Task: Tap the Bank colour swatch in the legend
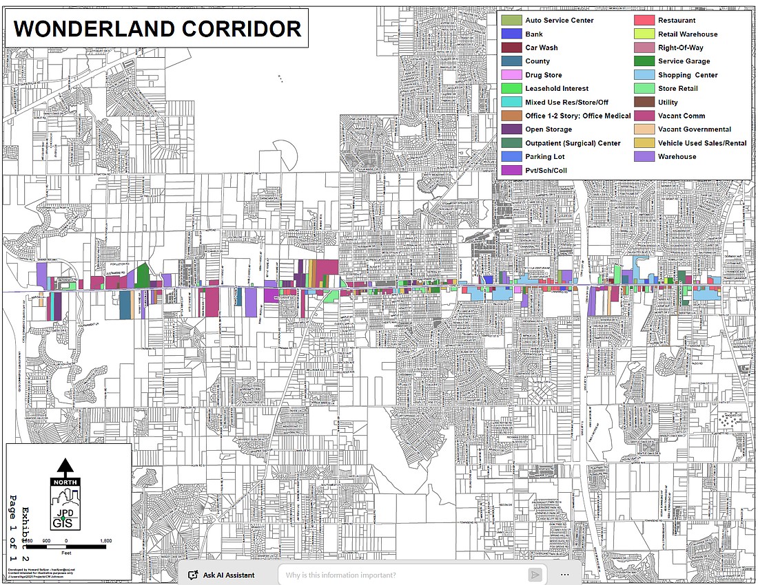[x=511, y=34]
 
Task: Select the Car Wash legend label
[x=542, y=47]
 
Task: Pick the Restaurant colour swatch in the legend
[x=644, y=21]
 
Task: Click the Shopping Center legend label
[x=688, y=75]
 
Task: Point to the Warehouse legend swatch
[x=644, y=157]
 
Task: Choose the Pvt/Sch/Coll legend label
[x=546, y=171]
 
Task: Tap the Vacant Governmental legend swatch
[x=644, y=129]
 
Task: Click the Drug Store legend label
[x=543, y=75]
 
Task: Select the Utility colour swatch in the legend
[x=644, y=103]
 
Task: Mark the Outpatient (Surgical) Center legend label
[x=573, y=143]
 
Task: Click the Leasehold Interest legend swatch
[x=511, y=89]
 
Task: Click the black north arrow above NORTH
[x=65, y=467]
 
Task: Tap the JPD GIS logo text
[x=65, y=518]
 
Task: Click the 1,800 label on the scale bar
[x=106, y=541]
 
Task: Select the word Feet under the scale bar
[x=65, y=552]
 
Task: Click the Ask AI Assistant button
[x=221, y=575]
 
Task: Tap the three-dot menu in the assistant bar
[x=565, y=575]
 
